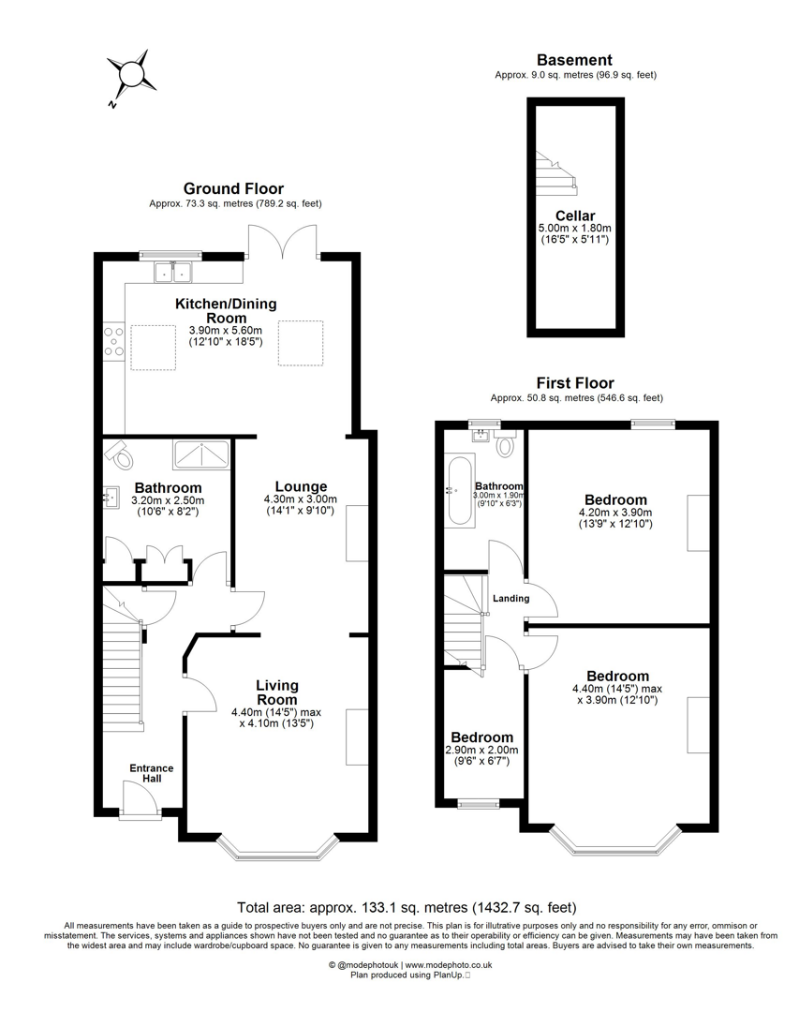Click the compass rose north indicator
(129, 72)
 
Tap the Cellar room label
(574, 216)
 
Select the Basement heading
(574, 60)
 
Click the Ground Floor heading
(233, 188)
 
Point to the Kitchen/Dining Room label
(226, 310)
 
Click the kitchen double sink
(171, 273)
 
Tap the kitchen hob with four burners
(114, 342)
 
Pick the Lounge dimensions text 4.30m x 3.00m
(301, 499)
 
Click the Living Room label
(277, 692)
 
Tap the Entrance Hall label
(151, 773)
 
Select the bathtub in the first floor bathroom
(460, 490)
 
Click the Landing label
(510, 598)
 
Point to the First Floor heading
(574, 382)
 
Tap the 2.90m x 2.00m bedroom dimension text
(481, 750)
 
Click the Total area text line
(407, 907)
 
